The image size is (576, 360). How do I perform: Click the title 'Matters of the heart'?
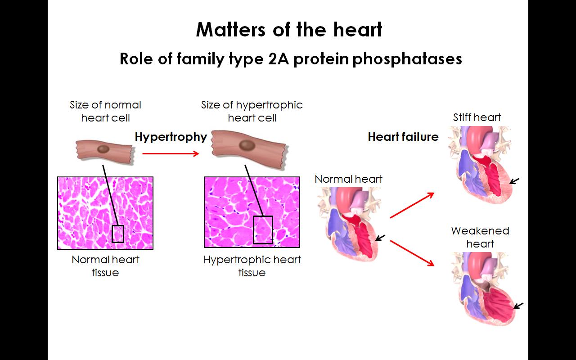point(289,30)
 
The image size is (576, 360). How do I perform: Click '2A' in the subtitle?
point(278,59)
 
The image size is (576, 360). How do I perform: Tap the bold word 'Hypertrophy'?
point(171,137)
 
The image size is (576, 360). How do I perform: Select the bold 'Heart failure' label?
point(403,137)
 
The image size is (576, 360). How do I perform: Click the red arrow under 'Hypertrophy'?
point(171,154)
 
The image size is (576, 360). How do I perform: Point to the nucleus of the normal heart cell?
point(103,149)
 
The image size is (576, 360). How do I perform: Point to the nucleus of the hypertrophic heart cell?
point(247,145)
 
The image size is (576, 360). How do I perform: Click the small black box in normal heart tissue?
point(118,234)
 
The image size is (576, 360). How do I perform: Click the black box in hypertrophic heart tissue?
point(263,230)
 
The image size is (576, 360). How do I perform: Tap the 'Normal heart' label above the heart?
point(348,179)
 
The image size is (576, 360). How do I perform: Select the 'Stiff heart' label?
point(477,117)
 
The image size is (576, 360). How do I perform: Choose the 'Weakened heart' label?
point(480,237)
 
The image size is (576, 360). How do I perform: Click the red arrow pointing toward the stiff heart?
point(412,205)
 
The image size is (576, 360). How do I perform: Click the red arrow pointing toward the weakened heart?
point(412,253)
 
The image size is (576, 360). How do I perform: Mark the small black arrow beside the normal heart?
point(380,238)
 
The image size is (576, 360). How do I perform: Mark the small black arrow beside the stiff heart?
point(514,181)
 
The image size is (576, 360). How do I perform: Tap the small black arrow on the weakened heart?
point(518,306)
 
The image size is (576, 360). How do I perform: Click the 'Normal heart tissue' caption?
point(105,266)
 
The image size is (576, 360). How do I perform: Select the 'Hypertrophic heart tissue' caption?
point(252,266)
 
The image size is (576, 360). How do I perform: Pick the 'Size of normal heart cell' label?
point(105,111)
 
